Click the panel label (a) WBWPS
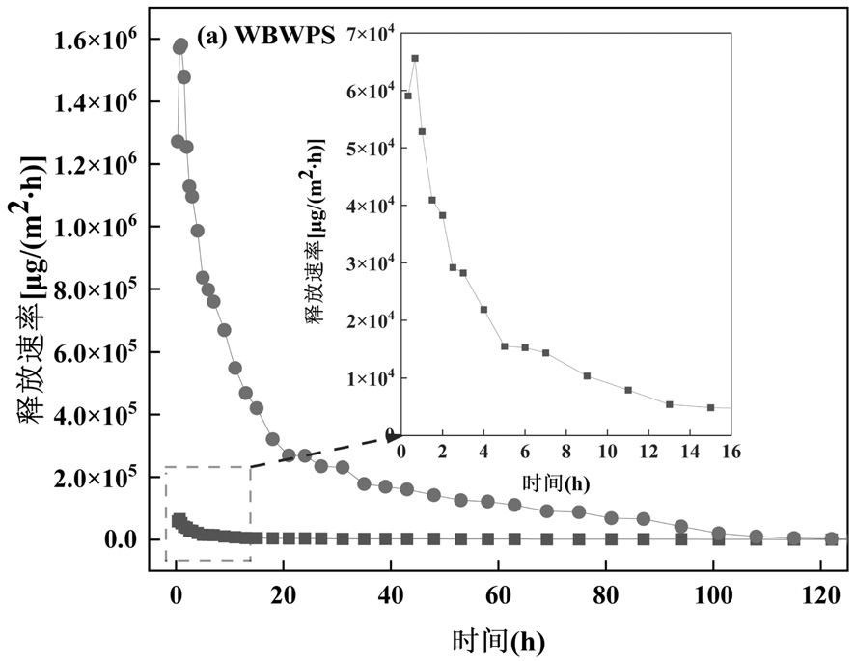click(x=265, y=37)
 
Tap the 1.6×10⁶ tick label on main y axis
click(x=95, y=40)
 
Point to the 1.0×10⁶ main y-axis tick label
click(x=95, y=227)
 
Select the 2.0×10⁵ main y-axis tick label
click(x=95, y=477)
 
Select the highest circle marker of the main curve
click(x=180, y=45)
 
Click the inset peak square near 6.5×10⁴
click(x=415, y=58)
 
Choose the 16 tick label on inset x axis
click(x=731, y=452)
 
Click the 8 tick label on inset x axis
click(x=565, y=452)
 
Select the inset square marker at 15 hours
click(x=710, y=407)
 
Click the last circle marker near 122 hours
click(x=832, y=538)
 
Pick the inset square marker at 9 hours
click(x=587, y=376)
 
